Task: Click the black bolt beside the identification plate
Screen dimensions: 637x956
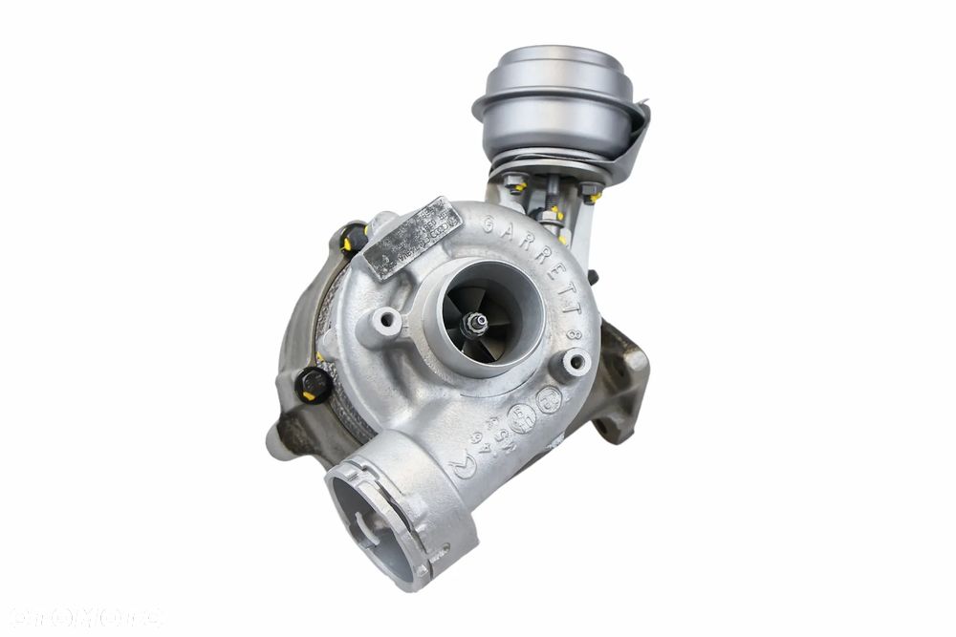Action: click(354, 237)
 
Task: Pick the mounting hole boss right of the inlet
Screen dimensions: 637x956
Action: click(576, 361)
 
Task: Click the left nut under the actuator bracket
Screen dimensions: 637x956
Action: click(515, 181)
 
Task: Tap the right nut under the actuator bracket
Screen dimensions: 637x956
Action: click(590, 190)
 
